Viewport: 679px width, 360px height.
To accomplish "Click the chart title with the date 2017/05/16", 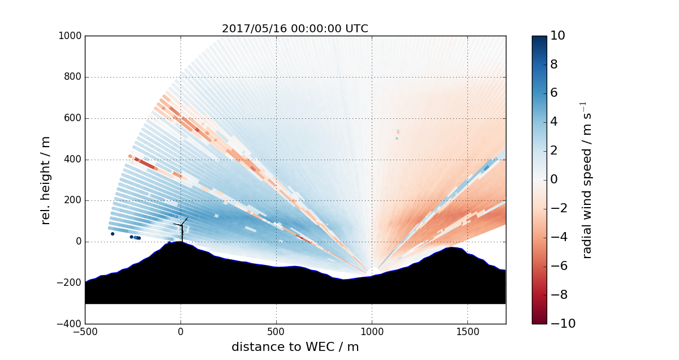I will (295, 29).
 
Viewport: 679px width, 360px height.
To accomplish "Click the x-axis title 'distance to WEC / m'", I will (295, 347).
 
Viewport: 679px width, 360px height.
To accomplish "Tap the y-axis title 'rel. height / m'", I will (46, 180).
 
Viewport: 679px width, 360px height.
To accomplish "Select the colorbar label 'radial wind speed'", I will (587, 180).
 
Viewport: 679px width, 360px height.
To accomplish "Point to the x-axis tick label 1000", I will (372, 332).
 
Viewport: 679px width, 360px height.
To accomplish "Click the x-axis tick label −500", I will (85, 332).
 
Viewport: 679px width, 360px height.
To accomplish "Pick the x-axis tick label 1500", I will (467, 332).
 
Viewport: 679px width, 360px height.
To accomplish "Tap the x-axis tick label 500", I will (276, 332).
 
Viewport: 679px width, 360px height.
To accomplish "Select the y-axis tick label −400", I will (69, 324).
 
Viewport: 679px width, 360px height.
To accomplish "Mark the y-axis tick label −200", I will (69, 282).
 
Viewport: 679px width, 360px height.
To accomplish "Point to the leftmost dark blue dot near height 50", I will (113, 234).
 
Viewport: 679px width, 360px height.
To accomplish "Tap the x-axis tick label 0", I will (181, 332).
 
